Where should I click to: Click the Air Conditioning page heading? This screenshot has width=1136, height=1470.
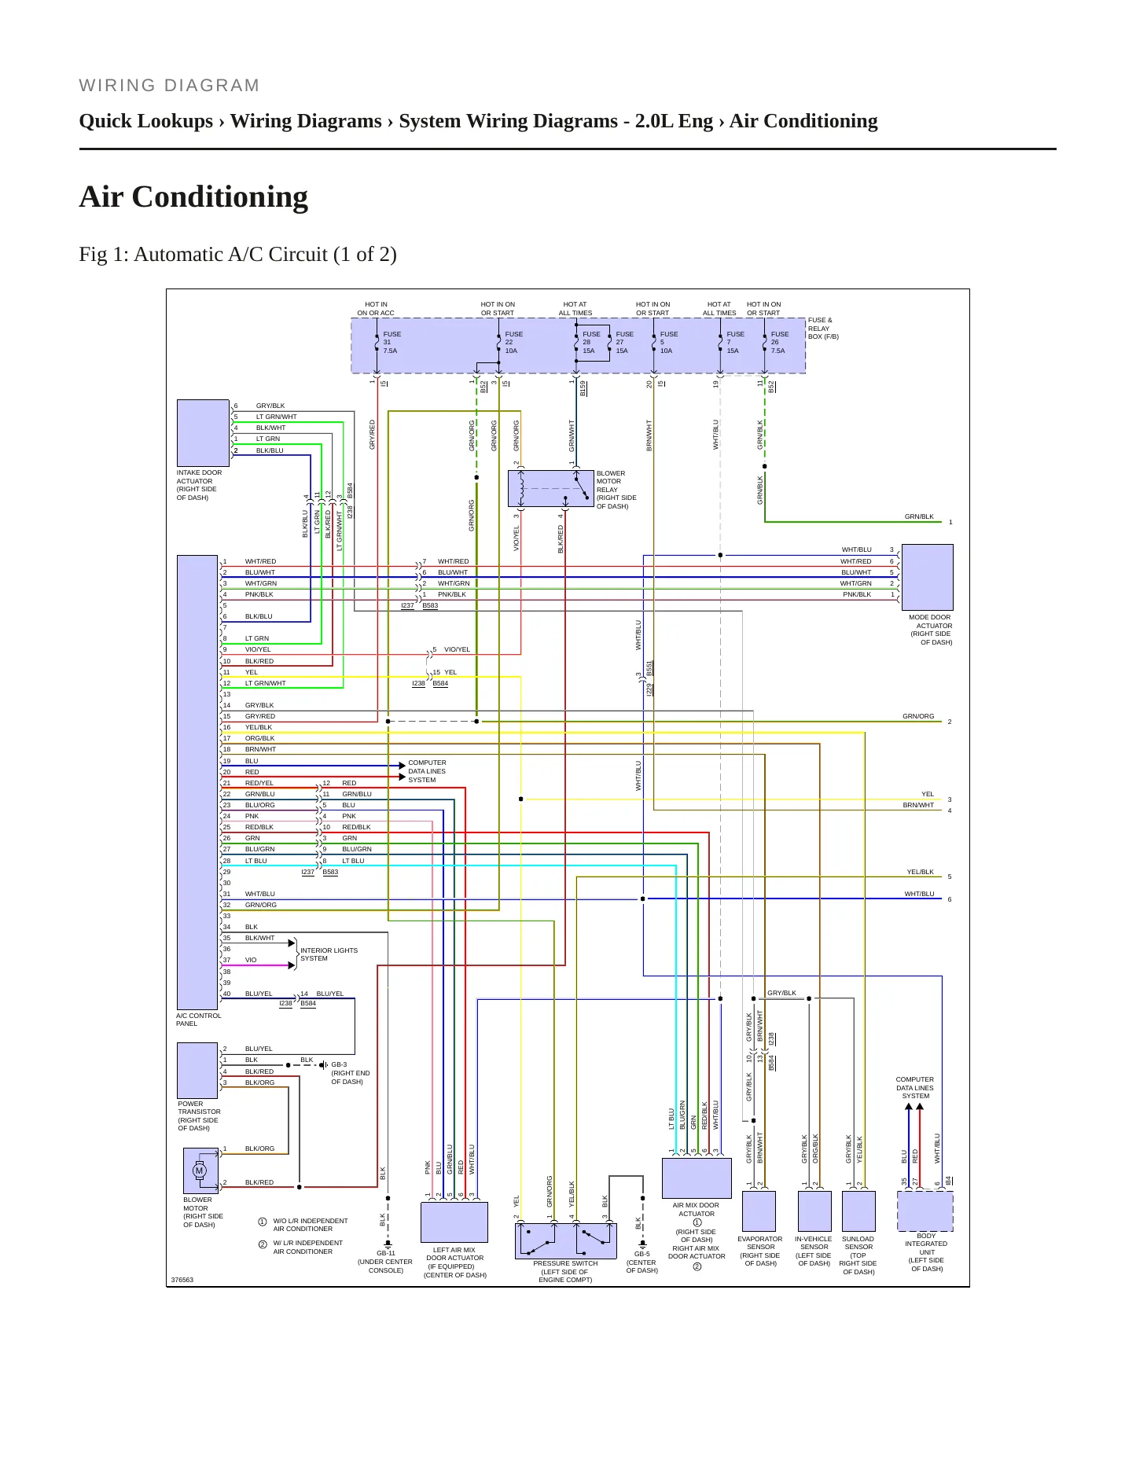coord(193,197)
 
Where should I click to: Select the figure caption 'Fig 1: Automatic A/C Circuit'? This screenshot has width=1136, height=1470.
coord(203,255)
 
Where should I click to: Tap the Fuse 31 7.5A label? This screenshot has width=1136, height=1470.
coord(392,343)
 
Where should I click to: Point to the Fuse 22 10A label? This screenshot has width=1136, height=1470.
coord(513,343)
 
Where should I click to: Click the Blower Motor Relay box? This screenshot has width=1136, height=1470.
coord(550,488)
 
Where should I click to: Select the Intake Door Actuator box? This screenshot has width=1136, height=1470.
coord(203,433)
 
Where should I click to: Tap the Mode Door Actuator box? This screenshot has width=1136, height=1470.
coord(928,577)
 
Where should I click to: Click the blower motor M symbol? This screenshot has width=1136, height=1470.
coord(199,1170)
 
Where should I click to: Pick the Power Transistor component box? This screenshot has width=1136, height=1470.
coord(197,1071)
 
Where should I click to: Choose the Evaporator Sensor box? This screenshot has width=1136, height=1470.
coord(759,1211)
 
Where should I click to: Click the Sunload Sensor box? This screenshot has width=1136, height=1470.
coord(858,1211)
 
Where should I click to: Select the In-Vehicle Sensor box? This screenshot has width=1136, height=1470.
coord(814,1211)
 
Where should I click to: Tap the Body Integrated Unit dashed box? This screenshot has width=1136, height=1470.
coord(925,1211)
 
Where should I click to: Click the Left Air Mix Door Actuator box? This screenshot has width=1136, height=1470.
coord(454,1222)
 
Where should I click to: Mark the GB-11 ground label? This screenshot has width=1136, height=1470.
coord(386,1253)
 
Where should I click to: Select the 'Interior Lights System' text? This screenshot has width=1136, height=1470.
coord(329,954)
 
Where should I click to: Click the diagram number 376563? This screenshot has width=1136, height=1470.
coord(182,1280)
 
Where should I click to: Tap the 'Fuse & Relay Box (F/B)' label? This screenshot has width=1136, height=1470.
coord(823,329)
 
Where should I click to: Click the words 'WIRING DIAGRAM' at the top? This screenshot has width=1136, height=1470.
coord(169,86)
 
